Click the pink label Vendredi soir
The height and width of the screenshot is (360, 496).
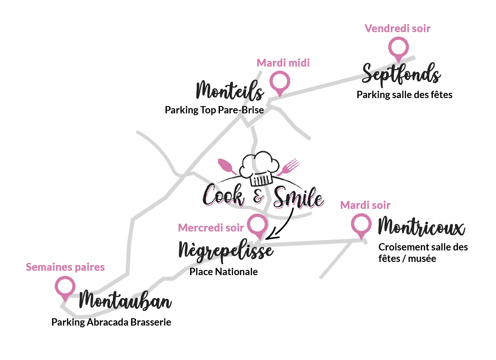point(397,29)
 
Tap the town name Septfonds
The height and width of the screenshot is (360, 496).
point(401,75)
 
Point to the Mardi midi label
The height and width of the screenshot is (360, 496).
point(283,63)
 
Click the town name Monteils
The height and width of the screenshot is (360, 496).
point(230,90)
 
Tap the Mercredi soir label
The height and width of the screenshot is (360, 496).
point(211,228)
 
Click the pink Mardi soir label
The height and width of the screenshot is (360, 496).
point(365,206)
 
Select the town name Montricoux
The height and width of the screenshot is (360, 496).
point(422,227)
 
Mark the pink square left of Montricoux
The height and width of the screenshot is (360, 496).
point(361,226)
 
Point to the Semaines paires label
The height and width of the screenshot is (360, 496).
point(65,267)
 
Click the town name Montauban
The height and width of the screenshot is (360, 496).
point(125,300)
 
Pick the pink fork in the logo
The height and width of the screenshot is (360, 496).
point(289,166)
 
